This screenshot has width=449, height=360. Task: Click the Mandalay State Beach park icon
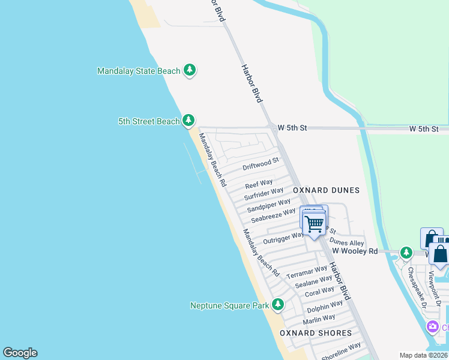[190, 71]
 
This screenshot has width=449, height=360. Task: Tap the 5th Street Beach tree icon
[188, 121]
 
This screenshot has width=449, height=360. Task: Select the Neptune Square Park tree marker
[277, 305]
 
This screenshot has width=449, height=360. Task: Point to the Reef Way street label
[259, 183]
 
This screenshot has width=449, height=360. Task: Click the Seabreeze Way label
[273, 215]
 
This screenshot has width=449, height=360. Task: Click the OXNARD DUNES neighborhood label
[326, 190]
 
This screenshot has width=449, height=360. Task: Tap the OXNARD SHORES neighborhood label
[316, 333]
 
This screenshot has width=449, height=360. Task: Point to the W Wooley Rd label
[355, 251]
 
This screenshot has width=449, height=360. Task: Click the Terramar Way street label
[306, 271]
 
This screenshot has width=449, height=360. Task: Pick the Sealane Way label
[313, 281]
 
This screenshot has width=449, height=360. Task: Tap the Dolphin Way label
[325, 307]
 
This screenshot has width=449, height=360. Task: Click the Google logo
[20, 352]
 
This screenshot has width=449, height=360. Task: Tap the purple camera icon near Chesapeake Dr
[432, 327]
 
